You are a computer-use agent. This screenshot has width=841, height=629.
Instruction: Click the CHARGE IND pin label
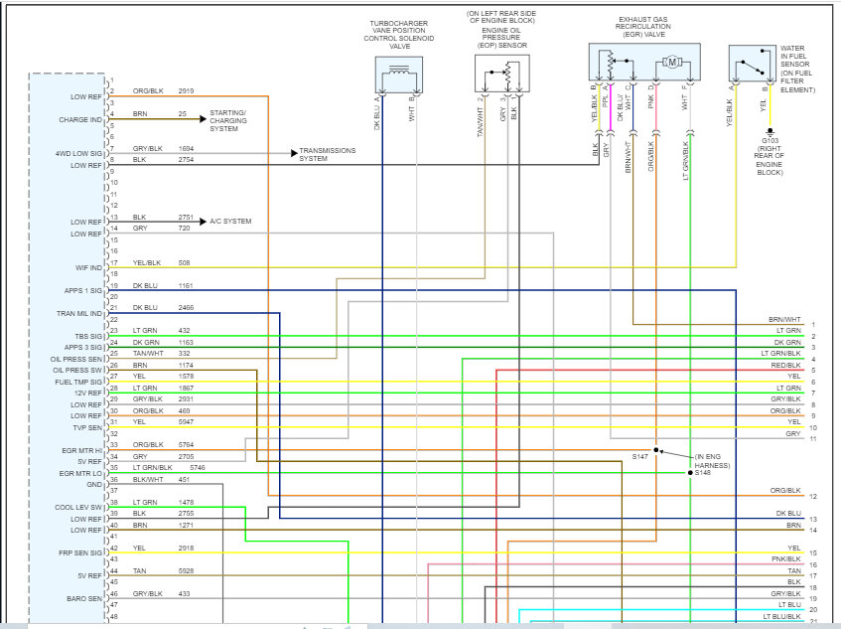(81, 120)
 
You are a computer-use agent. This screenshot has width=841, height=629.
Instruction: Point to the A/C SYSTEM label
(230, 221)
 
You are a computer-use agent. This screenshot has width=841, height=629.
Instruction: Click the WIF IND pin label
(86, 267)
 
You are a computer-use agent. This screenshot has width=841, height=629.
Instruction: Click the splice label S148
(703, 472)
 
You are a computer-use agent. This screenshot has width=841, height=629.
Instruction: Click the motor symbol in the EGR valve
(672, 63)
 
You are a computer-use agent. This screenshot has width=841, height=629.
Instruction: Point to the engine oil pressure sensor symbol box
(501, 74)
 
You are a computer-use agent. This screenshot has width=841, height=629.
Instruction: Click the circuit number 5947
(187, 421)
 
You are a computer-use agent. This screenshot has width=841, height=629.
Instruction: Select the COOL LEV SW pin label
(80, 508)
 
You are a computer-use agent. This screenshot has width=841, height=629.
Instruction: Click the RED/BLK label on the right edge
(787, 366)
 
